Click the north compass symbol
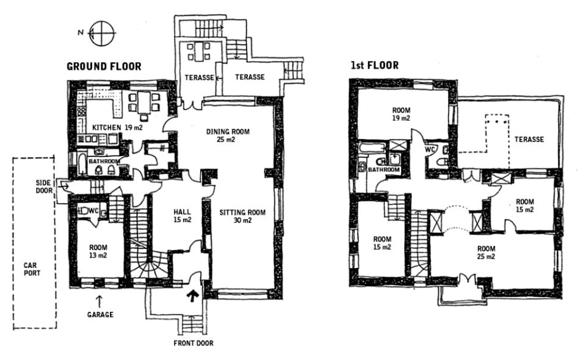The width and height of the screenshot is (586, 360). coord(99,33)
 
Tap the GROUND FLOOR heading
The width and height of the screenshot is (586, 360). coord(104,67)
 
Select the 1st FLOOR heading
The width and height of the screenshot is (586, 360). coord(374,65)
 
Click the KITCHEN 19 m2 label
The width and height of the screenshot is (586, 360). coord(117,128)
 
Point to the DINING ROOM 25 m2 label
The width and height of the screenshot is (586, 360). coord(228,135)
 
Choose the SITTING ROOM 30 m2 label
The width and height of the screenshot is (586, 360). coord(242,216)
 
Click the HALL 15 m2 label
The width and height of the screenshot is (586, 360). coord(183,216)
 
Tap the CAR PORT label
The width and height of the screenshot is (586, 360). coord(32,269)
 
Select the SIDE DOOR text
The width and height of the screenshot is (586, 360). coord(44,187)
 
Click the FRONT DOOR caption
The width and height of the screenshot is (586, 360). coord(194,343)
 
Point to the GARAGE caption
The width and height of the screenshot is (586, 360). coord(100,314)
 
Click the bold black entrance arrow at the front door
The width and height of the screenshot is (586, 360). coord(192,295)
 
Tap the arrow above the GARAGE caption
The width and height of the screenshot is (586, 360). coord(99,301)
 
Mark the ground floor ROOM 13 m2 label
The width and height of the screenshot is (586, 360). coord(98,251)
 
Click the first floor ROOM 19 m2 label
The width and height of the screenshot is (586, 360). coord(401,114)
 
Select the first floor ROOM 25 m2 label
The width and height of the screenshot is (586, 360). coord(487,253)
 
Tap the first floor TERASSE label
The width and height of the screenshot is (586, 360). coord(529,139)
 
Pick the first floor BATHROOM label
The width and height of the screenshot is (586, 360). coord(384,170)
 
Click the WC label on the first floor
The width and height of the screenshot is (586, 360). coord(430,149)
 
